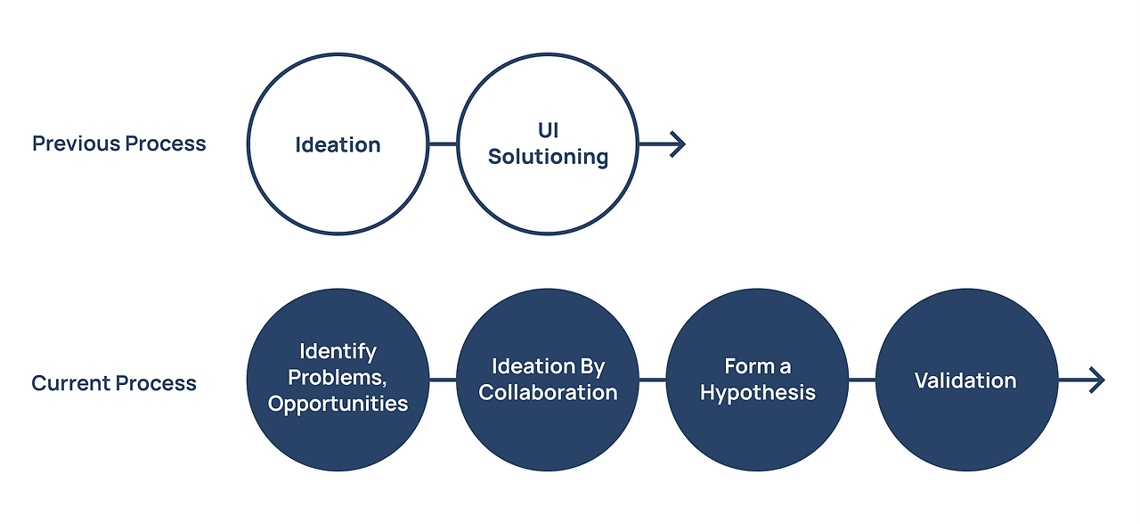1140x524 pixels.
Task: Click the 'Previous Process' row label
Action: pyautogui.click(x=119, y=143)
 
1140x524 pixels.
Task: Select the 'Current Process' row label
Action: pyautogui.click(x=114, y=383)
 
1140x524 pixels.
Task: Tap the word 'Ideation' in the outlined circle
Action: pyautogui.click(x=338, y=144)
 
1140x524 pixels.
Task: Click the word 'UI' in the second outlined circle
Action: pyautogui.click(x=548, y=130)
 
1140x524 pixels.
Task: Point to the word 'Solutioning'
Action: pyautogui.click(x=548, y=157)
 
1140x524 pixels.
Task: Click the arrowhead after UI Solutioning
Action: pyautogui.click(x=678, y=144)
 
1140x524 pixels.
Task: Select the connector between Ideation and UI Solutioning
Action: pyautogui.click(x=443, y=144)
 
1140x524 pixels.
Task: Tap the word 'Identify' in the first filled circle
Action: pyautogui.click(x=338, y=351)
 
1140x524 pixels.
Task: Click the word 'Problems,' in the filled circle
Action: pyautogui.click(x=338, y=377)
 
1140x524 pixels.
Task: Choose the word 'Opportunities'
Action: pyautogui.click(x=338, y=404)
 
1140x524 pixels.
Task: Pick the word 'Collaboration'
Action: pyautogui.click(x=548, y=393)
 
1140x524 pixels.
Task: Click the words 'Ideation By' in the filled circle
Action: pyautogui.click(x=548, y=366)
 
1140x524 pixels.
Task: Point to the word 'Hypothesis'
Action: pyautogui.click(x=758, y=393)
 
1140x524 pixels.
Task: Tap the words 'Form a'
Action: pyautogui.click(x=758, y=366)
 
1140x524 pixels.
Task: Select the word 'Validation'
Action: pyautogui.click(x=965, y=381)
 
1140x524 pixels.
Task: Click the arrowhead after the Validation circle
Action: pyautogui.click(x=1096, y=380)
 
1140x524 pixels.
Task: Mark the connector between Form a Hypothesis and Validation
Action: pyautogui.click(x=862, y=380)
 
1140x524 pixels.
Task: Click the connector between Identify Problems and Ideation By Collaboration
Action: pyautogui.click(x=443, y=380)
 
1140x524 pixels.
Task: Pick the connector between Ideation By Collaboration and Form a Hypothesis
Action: pyautogui.click(x=653, y=380)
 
